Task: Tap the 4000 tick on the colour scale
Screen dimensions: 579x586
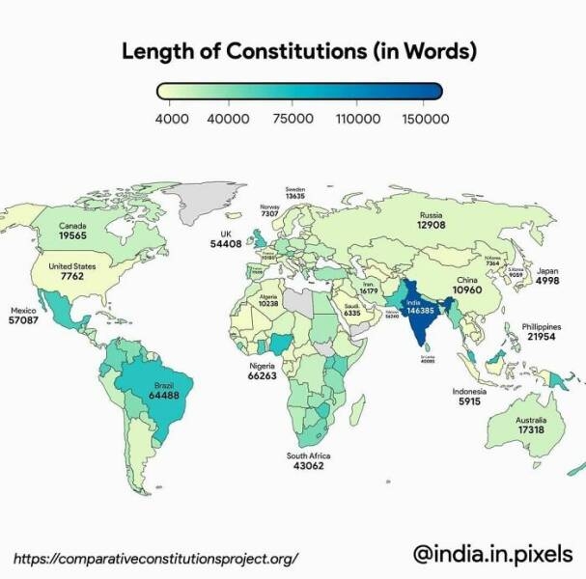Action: pos(172,119)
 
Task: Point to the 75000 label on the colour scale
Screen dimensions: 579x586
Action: pos(293,119)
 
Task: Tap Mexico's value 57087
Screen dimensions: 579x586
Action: pos(23,321)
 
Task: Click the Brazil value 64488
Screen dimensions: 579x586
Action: pos(161,395)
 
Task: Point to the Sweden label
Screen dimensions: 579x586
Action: pos(295,188)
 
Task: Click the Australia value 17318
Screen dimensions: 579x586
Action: pos(531,431)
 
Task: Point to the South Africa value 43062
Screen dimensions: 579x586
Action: pos(308,466)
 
